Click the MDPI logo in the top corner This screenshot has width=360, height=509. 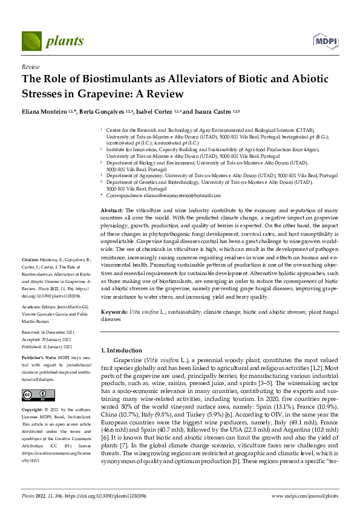325,41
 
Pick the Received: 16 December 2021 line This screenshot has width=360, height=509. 48,332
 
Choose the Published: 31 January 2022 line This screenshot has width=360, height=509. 48,346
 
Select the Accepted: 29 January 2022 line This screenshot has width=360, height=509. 48,339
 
